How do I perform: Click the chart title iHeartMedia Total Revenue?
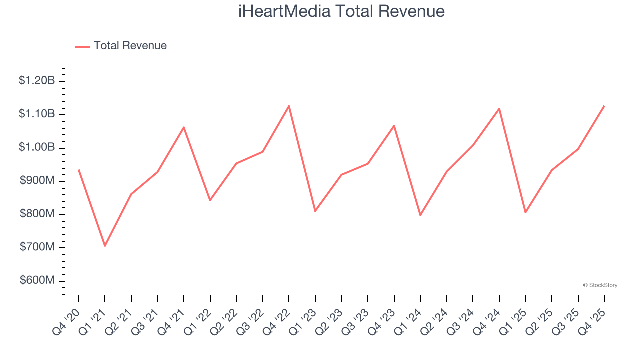(341, 11)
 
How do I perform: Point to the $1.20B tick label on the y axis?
(37, 81)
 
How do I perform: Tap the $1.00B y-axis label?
(37, 147)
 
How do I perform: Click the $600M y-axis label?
(37, 280)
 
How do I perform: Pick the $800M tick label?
(37, 214)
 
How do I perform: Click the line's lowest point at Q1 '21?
(105, 246)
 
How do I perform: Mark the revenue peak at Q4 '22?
(289, 106)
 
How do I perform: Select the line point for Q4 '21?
(184, 127)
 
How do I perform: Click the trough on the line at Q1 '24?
(420, 215)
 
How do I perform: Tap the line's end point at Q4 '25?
(604, 106)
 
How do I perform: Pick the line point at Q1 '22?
(210, 200)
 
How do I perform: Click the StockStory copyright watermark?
(600, 285)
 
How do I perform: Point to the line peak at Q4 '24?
(499, 108)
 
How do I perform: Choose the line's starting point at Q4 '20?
(79, 170)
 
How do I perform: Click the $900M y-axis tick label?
(37, 181)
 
